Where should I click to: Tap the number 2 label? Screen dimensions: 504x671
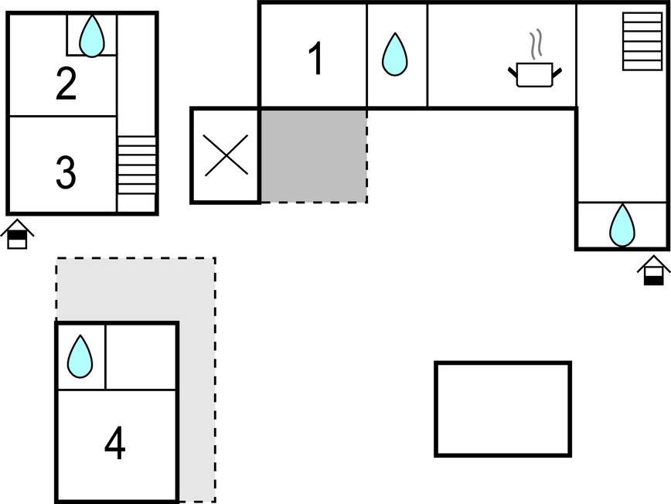pyautogui.click(x=66, y=85)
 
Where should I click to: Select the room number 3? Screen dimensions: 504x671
pyautogui.click(x=66, y=173)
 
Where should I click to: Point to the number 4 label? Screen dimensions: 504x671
pyautogui.click(x=114, y=444)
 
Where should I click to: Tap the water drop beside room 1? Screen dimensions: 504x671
pyautogui.click(x=395, y=54)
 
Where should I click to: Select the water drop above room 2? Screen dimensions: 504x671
pyautogui.click(x=92, y=36)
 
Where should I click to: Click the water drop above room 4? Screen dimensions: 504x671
pyautogui.click(x=80, y=356)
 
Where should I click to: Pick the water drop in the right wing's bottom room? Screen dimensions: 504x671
pyautogui.click(x=622, y=225)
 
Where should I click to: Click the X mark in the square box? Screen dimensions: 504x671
pyautogui.click(x=225, y=155)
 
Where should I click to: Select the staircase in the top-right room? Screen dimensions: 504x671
pyautogui.click(x=638, y=42)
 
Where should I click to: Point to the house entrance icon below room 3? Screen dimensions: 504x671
pyautogui.click(x=17, y=234)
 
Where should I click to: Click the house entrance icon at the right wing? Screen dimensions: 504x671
pyautogui.click(x=653, y=271)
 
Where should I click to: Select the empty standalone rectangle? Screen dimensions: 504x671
pyautogui.click(x=502, y=409)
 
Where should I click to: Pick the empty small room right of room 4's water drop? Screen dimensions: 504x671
pyautogui.click(x=141, y=356)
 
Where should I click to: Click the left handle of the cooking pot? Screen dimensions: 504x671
pyautogui.click(x=513, y=72)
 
